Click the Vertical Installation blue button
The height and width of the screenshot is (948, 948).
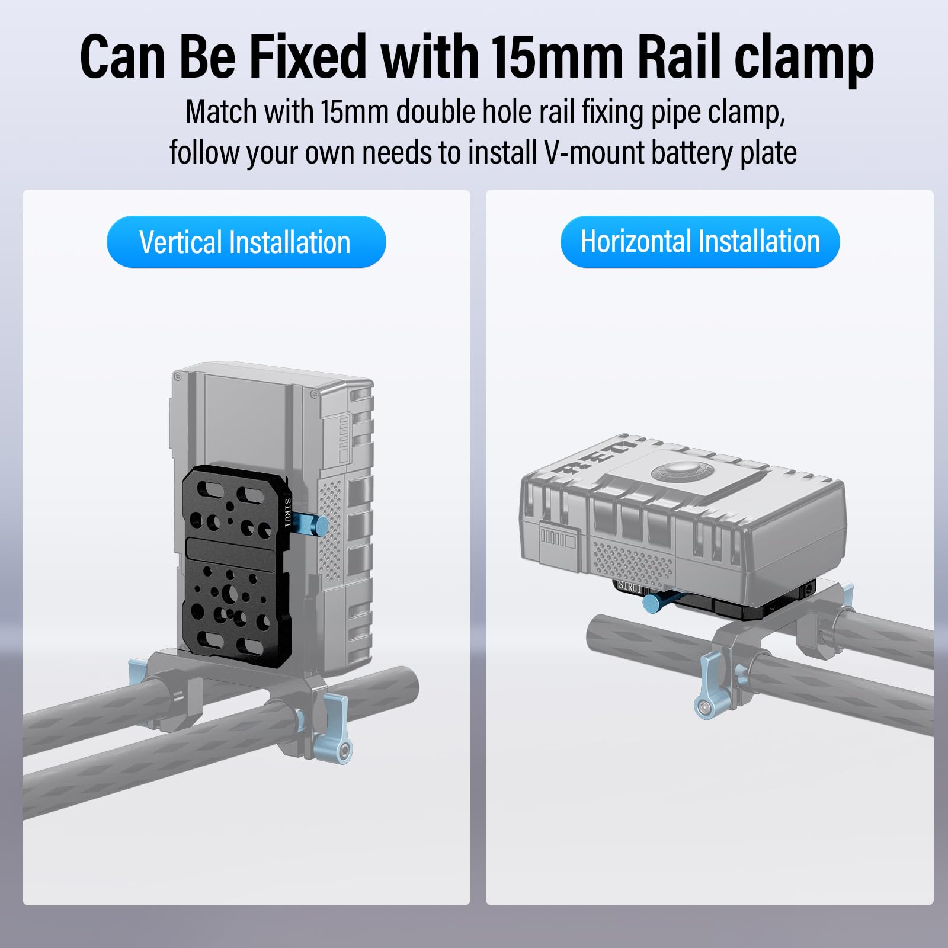(246, 242)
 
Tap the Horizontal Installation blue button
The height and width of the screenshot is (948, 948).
(700, 241)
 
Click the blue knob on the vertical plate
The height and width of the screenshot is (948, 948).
(309, 524)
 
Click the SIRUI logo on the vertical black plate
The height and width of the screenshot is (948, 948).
(288, 513)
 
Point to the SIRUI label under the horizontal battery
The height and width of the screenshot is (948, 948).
(630, 587)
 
